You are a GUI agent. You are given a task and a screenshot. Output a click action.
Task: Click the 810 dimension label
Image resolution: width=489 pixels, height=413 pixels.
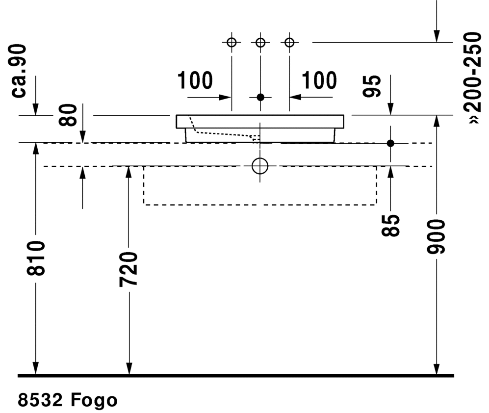(36, 258)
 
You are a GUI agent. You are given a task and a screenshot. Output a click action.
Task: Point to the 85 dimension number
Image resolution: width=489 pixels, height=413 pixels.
(391, 225)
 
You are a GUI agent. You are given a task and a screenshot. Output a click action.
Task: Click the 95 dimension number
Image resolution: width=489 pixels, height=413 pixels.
(373, 87)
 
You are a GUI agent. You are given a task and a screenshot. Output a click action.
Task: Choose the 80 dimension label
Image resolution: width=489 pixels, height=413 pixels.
(69, 115)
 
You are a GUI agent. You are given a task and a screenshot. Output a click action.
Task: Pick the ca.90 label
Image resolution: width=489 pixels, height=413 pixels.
(20, 71)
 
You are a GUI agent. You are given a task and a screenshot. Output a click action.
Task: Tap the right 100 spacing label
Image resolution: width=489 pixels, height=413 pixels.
(319, 80)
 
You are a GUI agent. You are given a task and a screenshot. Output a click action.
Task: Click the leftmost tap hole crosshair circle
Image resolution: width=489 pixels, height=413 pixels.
(232, 42)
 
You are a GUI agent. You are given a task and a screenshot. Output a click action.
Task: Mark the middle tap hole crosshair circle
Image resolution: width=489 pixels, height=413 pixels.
(260, 42)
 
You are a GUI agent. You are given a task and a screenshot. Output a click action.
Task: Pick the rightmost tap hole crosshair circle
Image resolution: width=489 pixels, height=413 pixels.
(289, 42)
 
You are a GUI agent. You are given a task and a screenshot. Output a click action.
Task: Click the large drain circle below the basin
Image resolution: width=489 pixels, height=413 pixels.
(260, 166)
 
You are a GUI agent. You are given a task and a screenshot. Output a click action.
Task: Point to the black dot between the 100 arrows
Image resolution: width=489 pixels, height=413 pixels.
(260, 97)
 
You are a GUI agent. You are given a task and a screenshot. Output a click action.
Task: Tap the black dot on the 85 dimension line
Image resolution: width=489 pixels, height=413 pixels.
(390, 143)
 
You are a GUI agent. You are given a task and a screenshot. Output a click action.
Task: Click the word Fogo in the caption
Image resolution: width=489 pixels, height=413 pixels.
(94, 400)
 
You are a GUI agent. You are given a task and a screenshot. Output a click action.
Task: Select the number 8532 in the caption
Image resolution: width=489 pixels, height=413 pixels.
(41, 400)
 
